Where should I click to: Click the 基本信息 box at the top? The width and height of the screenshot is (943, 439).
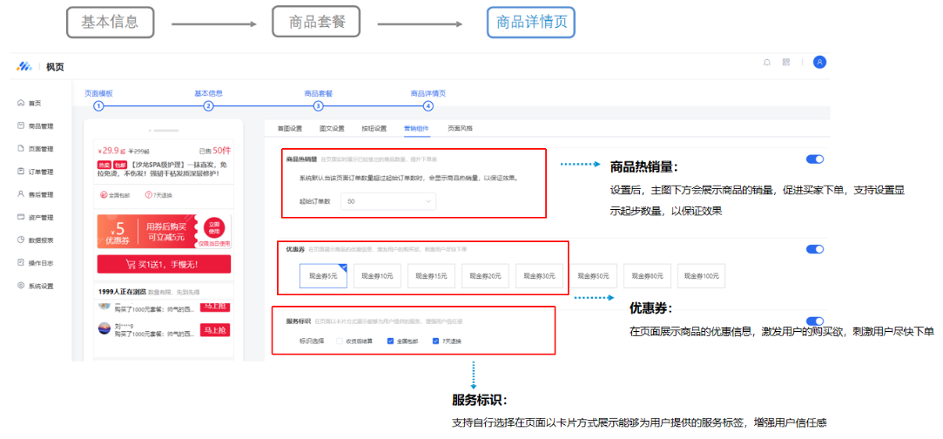point(110,23)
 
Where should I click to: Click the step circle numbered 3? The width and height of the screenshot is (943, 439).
point(318,106)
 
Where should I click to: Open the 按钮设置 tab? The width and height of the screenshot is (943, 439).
point(374,128)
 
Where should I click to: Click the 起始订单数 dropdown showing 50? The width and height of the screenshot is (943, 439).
point(387,201)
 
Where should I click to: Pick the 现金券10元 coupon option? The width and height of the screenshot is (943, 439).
point(378,275)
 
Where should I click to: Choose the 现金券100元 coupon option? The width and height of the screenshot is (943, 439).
point(702,275)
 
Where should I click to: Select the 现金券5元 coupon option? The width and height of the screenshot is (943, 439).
point(324,275)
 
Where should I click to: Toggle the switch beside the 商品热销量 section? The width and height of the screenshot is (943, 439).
point(815,159)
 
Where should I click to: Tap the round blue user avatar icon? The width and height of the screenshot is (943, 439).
point(819,62)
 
